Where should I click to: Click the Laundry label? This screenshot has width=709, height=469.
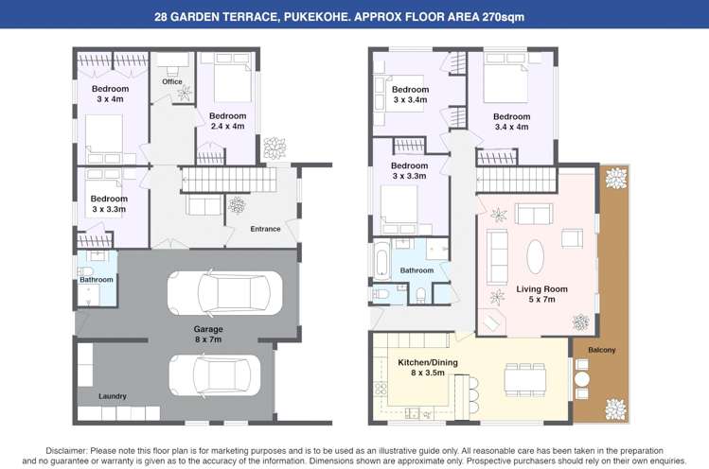[x=113, y=395]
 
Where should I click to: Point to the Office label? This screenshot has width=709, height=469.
[x=171, y=81]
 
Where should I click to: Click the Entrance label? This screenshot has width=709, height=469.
[x=265, y=228]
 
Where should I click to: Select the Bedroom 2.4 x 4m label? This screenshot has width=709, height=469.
[x=227, y=121]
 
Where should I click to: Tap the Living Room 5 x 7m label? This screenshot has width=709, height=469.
[x=541, y=294]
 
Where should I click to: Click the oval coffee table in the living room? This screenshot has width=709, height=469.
[x=536, y=255]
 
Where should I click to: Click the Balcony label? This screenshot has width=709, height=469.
[x=601, y=350]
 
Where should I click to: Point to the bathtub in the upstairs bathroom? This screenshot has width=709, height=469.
[x=381, y=257]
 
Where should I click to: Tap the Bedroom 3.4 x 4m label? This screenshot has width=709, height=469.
[x=511, y=121]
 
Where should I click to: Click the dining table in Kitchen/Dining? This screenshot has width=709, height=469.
[x=524, y=380]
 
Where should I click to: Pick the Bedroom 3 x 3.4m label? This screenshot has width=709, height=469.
[x=409, y=94]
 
